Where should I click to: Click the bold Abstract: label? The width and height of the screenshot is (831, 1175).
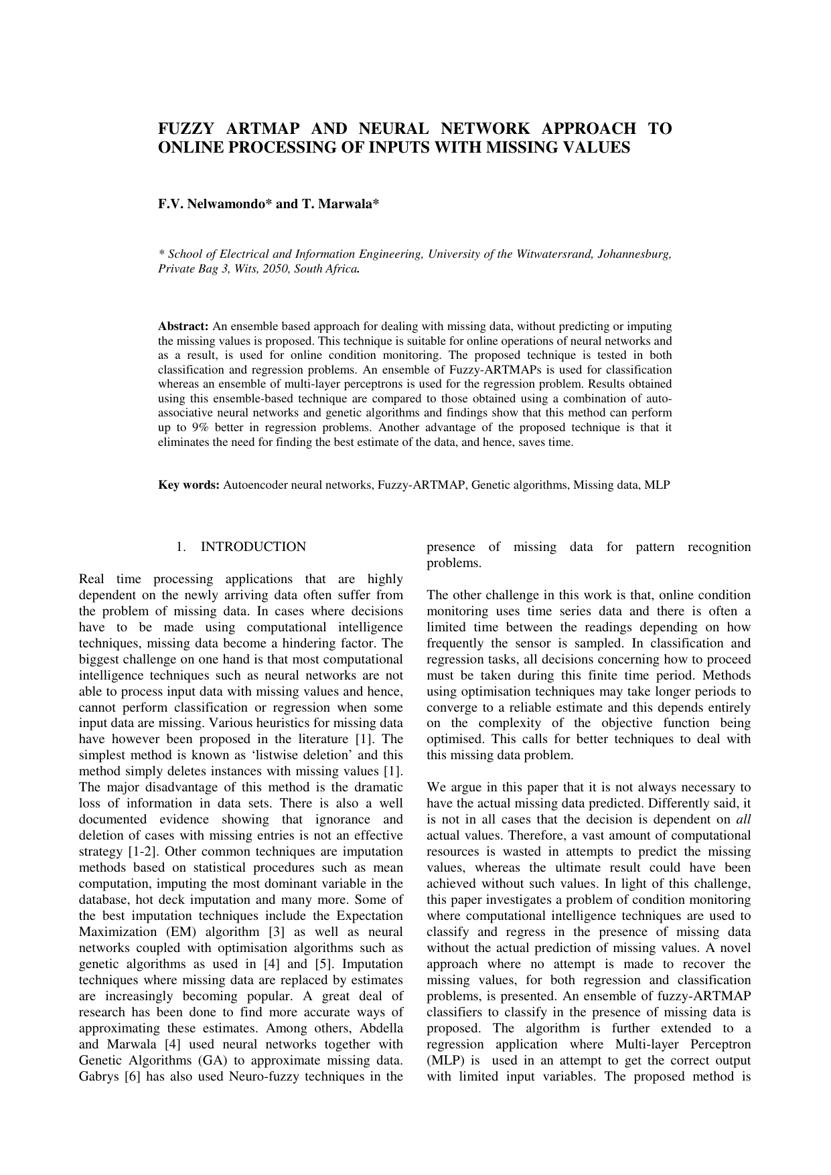coord(183,327)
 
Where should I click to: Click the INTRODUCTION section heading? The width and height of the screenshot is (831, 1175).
coord(253,547)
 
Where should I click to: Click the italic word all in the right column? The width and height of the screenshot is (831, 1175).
coord(743,820)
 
